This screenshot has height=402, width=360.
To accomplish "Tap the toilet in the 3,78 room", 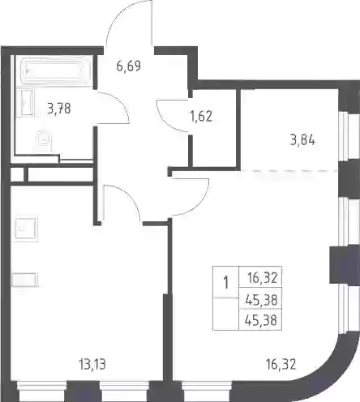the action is click(x=44, y=140).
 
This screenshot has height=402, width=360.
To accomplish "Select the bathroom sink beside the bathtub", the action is click(x=24, y=104).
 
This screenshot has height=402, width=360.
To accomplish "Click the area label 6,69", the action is click(x=129, y=66).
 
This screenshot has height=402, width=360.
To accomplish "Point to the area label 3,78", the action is click(x=59, y=109).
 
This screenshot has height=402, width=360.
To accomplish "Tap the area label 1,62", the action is click(x=201, y=116).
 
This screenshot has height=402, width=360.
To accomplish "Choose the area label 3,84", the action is click(x=302, y=140).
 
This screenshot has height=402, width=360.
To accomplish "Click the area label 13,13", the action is click(x=92, y=364).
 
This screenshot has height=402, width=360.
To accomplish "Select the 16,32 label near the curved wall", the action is click(x=281, y=364).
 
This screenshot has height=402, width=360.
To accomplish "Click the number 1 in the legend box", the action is click(x=225, y=283).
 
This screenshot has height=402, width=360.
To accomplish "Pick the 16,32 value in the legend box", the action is click(x=263, y=278).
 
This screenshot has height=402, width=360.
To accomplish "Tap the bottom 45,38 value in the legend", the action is click(x=261, y=320).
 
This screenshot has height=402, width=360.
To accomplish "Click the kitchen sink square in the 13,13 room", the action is click(x=25, y=229).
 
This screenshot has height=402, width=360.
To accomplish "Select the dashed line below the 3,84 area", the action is click(x=289, y=171).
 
